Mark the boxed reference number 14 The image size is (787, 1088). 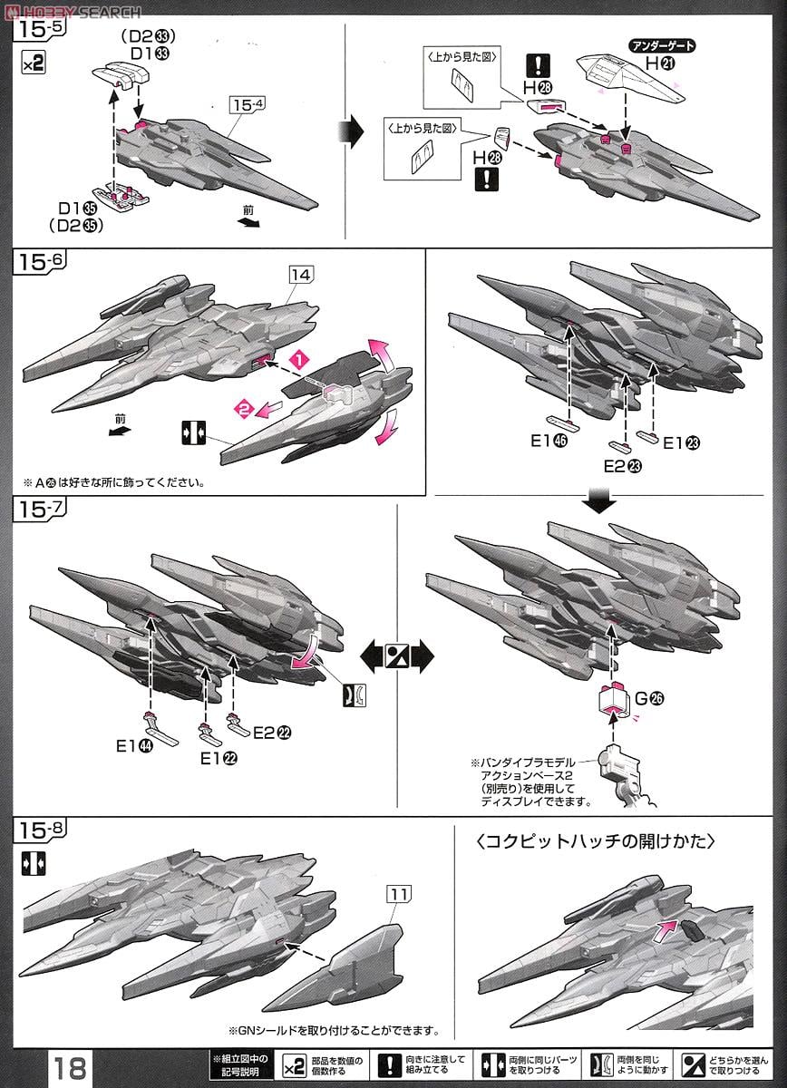click(x=301, y=272)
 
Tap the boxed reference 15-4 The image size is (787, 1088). click(x=248, y=102)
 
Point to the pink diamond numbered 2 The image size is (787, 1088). click(x=243, y=410)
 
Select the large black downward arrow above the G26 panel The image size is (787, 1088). click(x=599, y=500)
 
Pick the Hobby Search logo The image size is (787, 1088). click(x=73, y=11)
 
